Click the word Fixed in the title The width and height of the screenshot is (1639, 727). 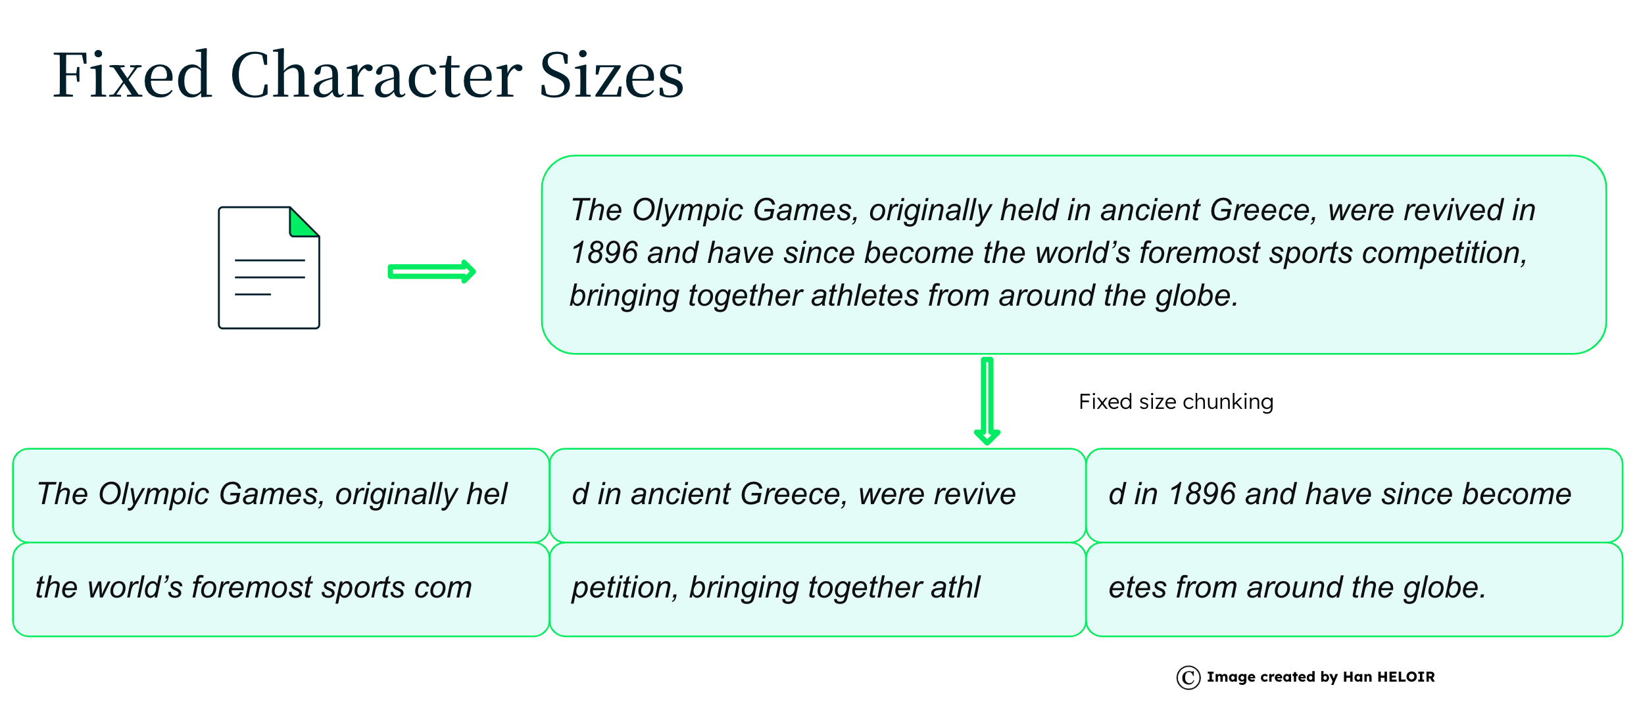pos(132,75)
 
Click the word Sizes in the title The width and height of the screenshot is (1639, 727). pos(612,75)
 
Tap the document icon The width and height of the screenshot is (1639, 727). pos(269,268)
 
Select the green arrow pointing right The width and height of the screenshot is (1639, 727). pos(431,271)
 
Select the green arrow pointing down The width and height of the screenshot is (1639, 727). pos(987,401)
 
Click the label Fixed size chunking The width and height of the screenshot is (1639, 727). pos(1176,402)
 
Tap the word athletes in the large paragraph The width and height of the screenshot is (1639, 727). pos(865,296)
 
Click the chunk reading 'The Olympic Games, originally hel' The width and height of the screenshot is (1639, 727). pos(281,496)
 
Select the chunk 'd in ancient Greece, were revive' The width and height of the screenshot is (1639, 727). pos(818,496)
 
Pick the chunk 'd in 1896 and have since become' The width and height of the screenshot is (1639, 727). pos(1354,496)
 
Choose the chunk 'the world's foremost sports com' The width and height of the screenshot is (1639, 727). pos(281,589)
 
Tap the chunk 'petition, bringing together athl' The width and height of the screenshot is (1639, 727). pos(818,589)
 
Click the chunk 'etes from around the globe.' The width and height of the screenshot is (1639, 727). pos(1354,589)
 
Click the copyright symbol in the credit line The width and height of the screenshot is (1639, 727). pos(1188,678)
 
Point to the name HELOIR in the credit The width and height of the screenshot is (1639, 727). pos(1406,677)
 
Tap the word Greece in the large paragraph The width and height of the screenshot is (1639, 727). pos(1263,210)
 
